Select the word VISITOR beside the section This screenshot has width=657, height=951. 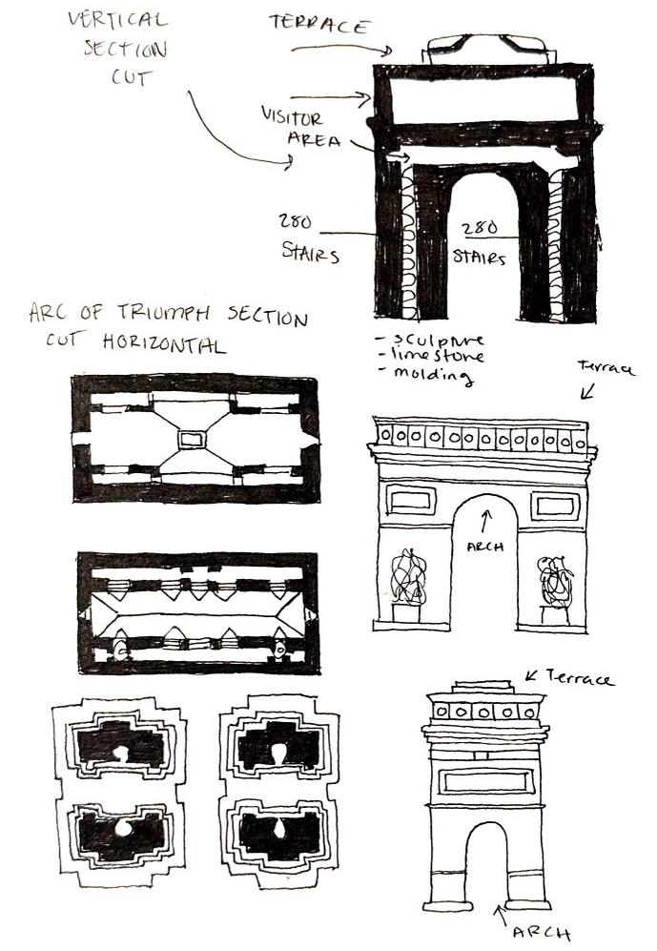click(x=292, y=119)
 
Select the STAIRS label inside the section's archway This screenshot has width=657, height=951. click(x=480, y=258)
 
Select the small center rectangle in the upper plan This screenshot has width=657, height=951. click(x=194, y=439)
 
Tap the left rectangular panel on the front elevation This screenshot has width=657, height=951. click(x=411, y=501)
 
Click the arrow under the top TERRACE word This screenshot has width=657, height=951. click(x=343, y=48)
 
